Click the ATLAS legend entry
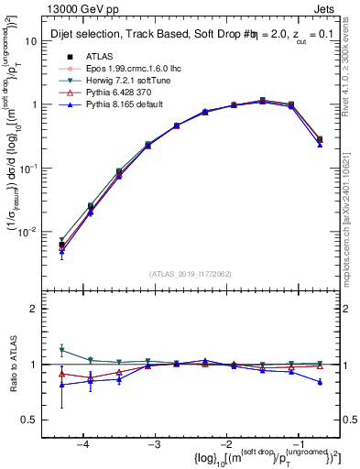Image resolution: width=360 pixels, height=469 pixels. tap(99, 57)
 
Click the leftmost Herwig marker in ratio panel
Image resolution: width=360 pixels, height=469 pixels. tap(62, 350)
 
